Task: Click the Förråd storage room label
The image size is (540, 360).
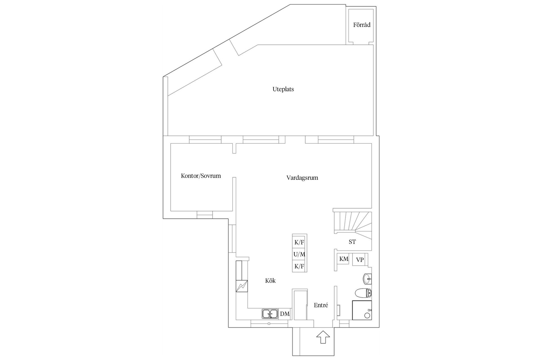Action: (362, 25)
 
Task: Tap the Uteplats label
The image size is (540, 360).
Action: (283, 89)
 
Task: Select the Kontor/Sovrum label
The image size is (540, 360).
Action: (201, 176)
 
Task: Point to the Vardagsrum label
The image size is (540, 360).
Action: (302, 178)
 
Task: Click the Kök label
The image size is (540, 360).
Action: (270, 281)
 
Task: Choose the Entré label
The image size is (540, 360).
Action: (321, 305)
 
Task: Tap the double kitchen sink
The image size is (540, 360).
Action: (270, 314)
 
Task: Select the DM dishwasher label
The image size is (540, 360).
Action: (285, 314)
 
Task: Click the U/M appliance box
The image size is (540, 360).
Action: (299, 255)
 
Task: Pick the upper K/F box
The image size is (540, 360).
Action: (299, 242)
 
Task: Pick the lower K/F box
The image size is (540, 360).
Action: (299, 266)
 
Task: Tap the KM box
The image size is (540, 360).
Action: (344, 259)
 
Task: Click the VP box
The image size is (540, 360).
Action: (360, 260)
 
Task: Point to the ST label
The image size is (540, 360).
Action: (352, 242)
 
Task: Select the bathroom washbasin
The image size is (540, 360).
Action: (367, 279)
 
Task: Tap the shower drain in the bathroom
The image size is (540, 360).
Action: (367, 315)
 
